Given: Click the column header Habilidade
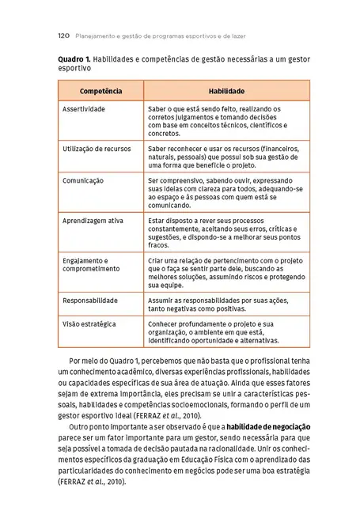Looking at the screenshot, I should (x=225, y=92).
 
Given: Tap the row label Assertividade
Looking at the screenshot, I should (x=84, y=108).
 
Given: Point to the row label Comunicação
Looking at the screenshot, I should (x=83, y=180).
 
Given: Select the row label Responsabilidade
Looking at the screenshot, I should (x=90, y=301).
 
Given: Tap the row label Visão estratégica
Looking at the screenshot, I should (x=89, y=324).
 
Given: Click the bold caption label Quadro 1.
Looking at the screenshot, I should (x=76, y=60).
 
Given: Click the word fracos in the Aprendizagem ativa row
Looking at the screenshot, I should (x=158, y=245).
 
